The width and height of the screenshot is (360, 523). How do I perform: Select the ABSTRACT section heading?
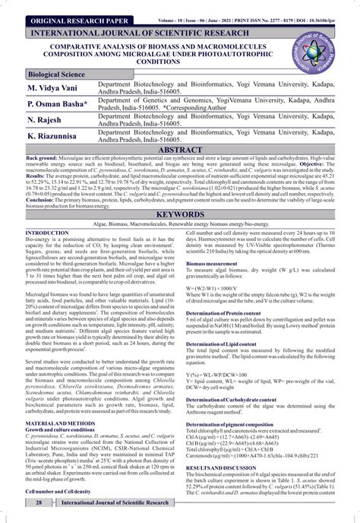[179, 151]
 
